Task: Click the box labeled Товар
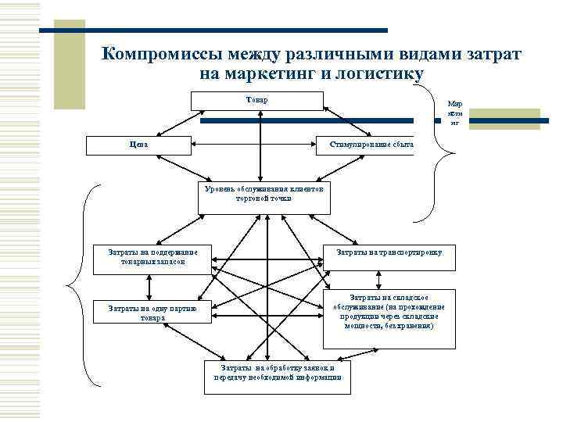(x=256, y=101)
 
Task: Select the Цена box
(x=137, y=145)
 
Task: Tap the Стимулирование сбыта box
(x=364, y=145)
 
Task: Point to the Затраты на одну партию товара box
(x=152, y=313)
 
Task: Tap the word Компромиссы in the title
(x=160, y=54)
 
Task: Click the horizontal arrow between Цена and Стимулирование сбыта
(x=252, y=145)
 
